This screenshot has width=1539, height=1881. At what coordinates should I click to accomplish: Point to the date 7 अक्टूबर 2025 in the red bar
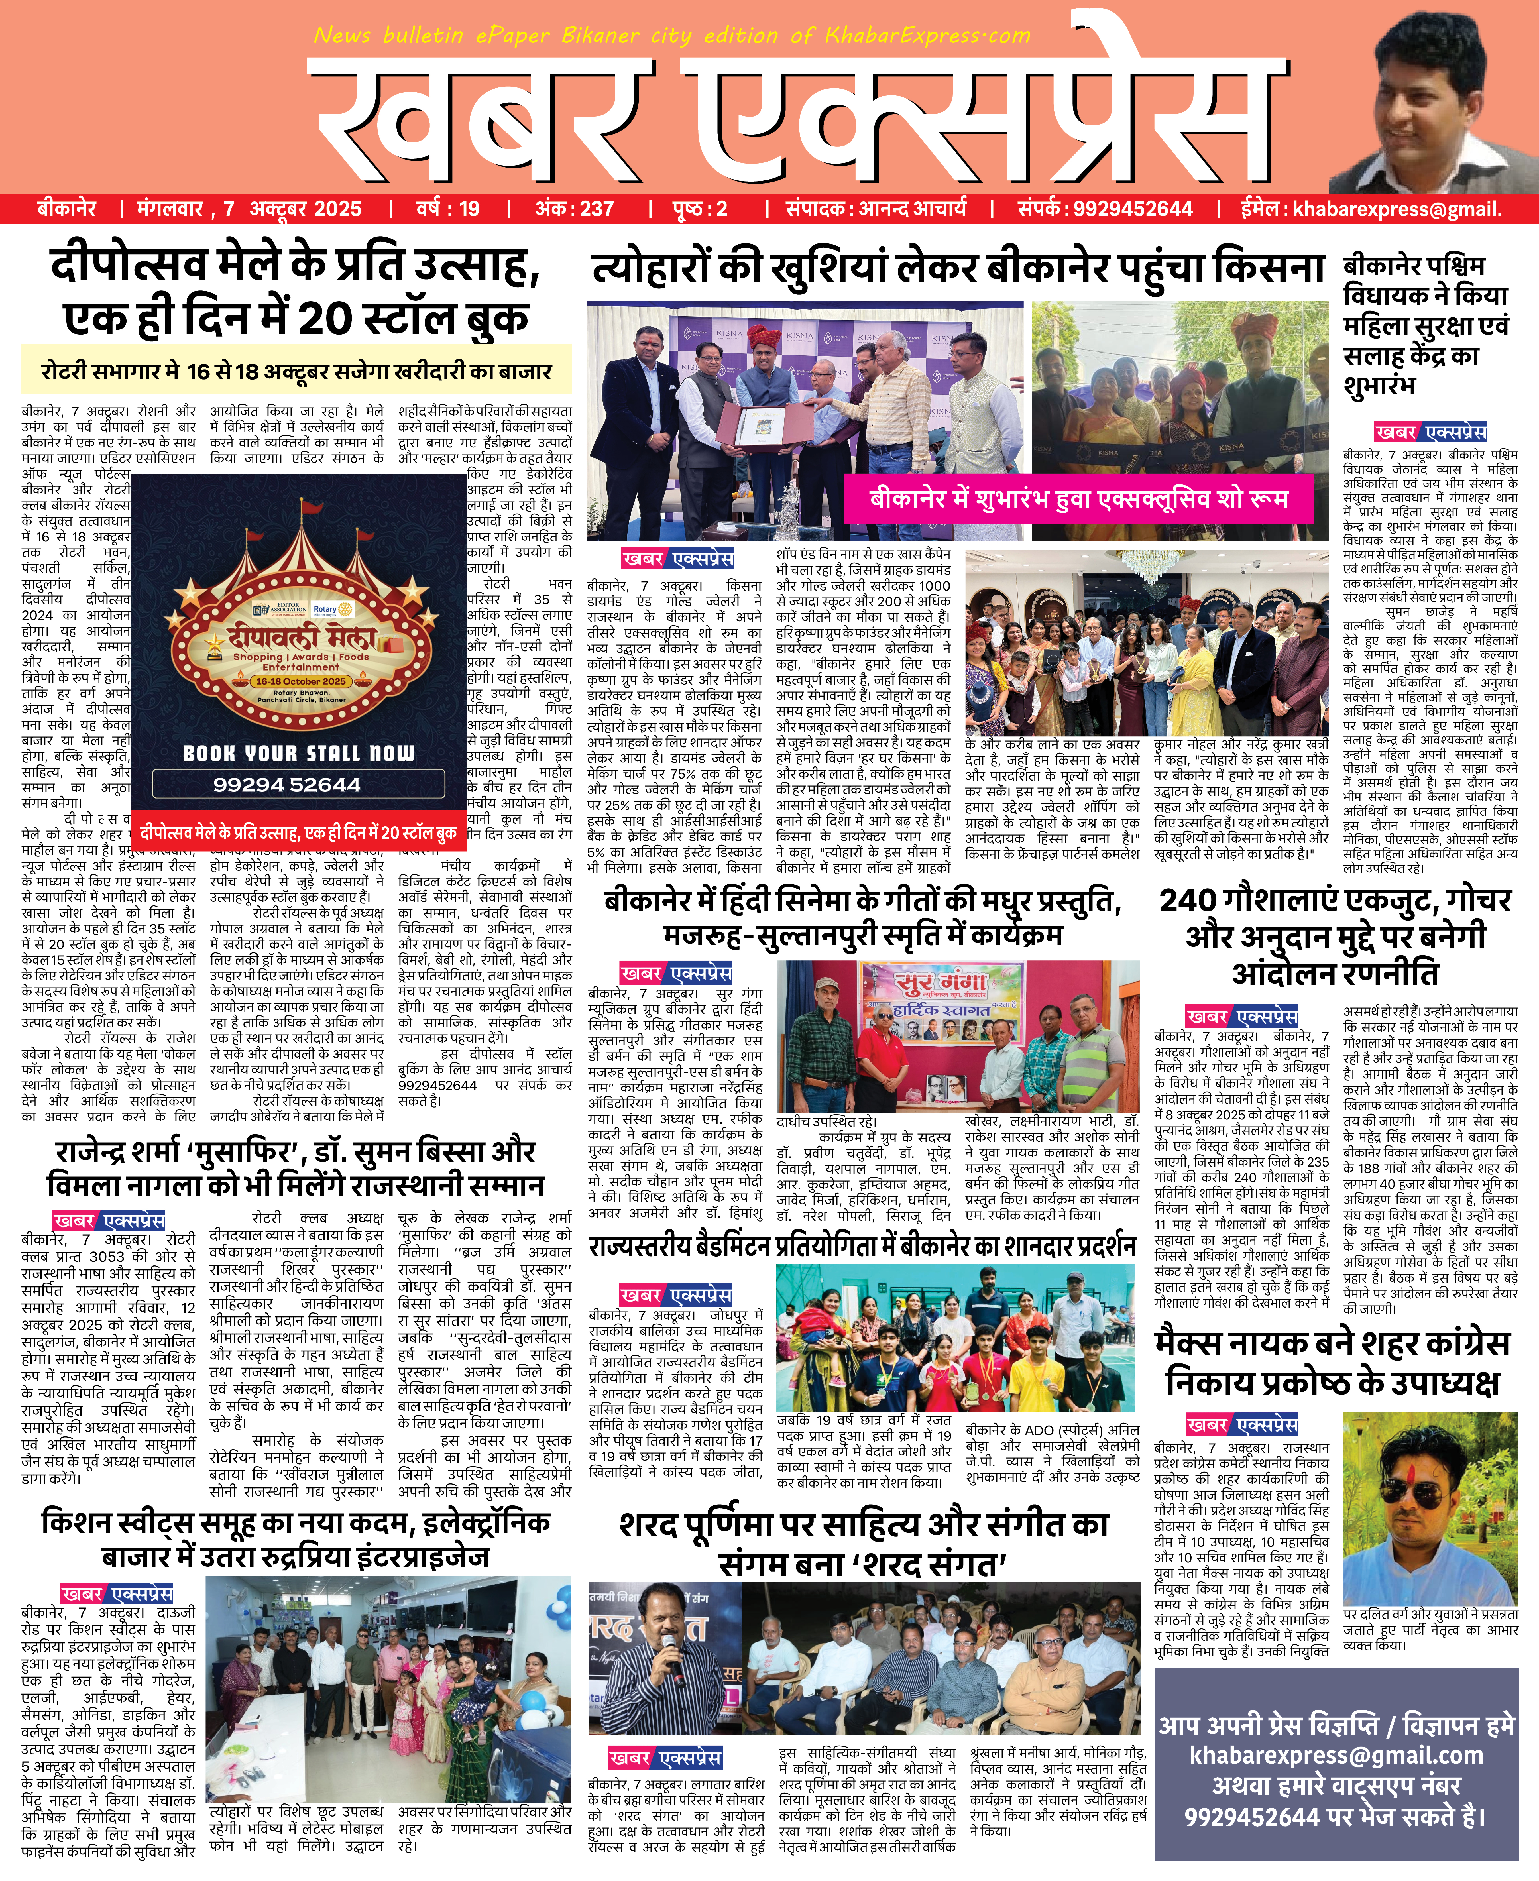click(x=292, y=209)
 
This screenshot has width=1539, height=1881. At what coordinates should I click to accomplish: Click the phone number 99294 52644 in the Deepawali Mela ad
click(x=286, y=785)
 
